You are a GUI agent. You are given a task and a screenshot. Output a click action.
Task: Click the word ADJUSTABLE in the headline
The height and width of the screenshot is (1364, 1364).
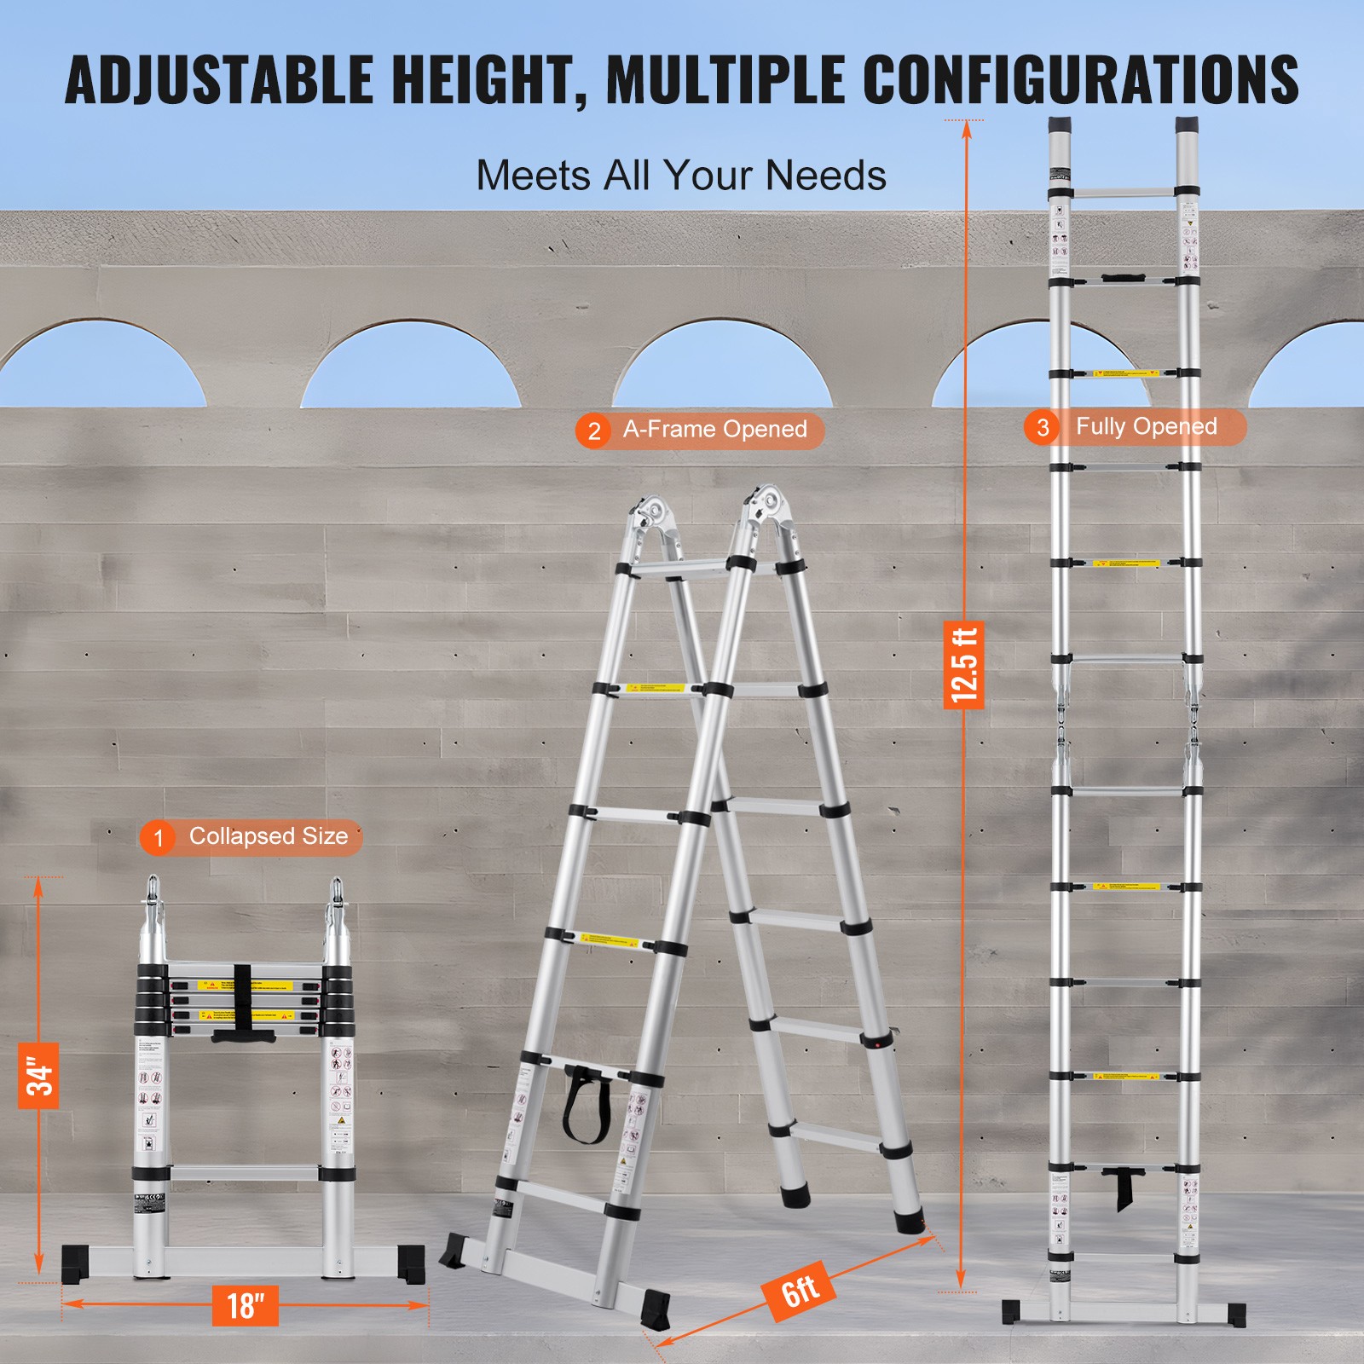(x=219, y=79)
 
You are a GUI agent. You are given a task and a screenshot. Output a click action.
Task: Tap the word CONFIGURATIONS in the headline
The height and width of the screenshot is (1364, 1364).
(x=1080, y=79)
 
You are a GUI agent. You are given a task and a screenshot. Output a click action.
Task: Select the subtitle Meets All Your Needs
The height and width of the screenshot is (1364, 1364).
(x=680, y=176)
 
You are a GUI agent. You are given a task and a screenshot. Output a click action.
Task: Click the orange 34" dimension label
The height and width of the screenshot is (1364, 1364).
(x=38, y=1076)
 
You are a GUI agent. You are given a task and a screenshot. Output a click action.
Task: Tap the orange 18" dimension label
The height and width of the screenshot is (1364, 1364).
(x=246, y=1305)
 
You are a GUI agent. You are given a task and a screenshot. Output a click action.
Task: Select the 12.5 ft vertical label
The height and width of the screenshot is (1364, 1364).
(x=964, y=664)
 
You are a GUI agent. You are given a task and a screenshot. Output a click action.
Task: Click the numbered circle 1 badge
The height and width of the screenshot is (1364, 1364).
(x=158, y=838)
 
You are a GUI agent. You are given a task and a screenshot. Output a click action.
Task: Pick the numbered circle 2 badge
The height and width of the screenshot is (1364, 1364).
(x=593, y=431)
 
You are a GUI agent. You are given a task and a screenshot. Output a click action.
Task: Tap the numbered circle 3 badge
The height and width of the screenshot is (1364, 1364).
(x=1042, y=428)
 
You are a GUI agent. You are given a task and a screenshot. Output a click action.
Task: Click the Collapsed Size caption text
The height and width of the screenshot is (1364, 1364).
(x=268, y=836)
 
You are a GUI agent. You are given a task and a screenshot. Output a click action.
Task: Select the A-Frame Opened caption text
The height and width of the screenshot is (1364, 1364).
(x=714, y=430)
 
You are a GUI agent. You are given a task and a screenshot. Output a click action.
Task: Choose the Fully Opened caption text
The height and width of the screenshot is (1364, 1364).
(x=1146, y=426)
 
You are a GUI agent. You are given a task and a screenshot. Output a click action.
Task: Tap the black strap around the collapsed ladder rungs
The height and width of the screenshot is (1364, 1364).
(x=243, y=1002)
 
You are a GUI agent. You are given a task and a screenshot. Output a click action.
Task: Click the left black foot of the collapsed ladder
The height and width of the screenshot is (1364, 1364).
(x=75, y=1263)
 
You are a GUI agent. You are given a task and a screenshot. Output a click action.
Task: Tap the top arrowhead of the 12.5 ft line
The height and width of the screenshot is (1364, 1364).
(x=966, y=128)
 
